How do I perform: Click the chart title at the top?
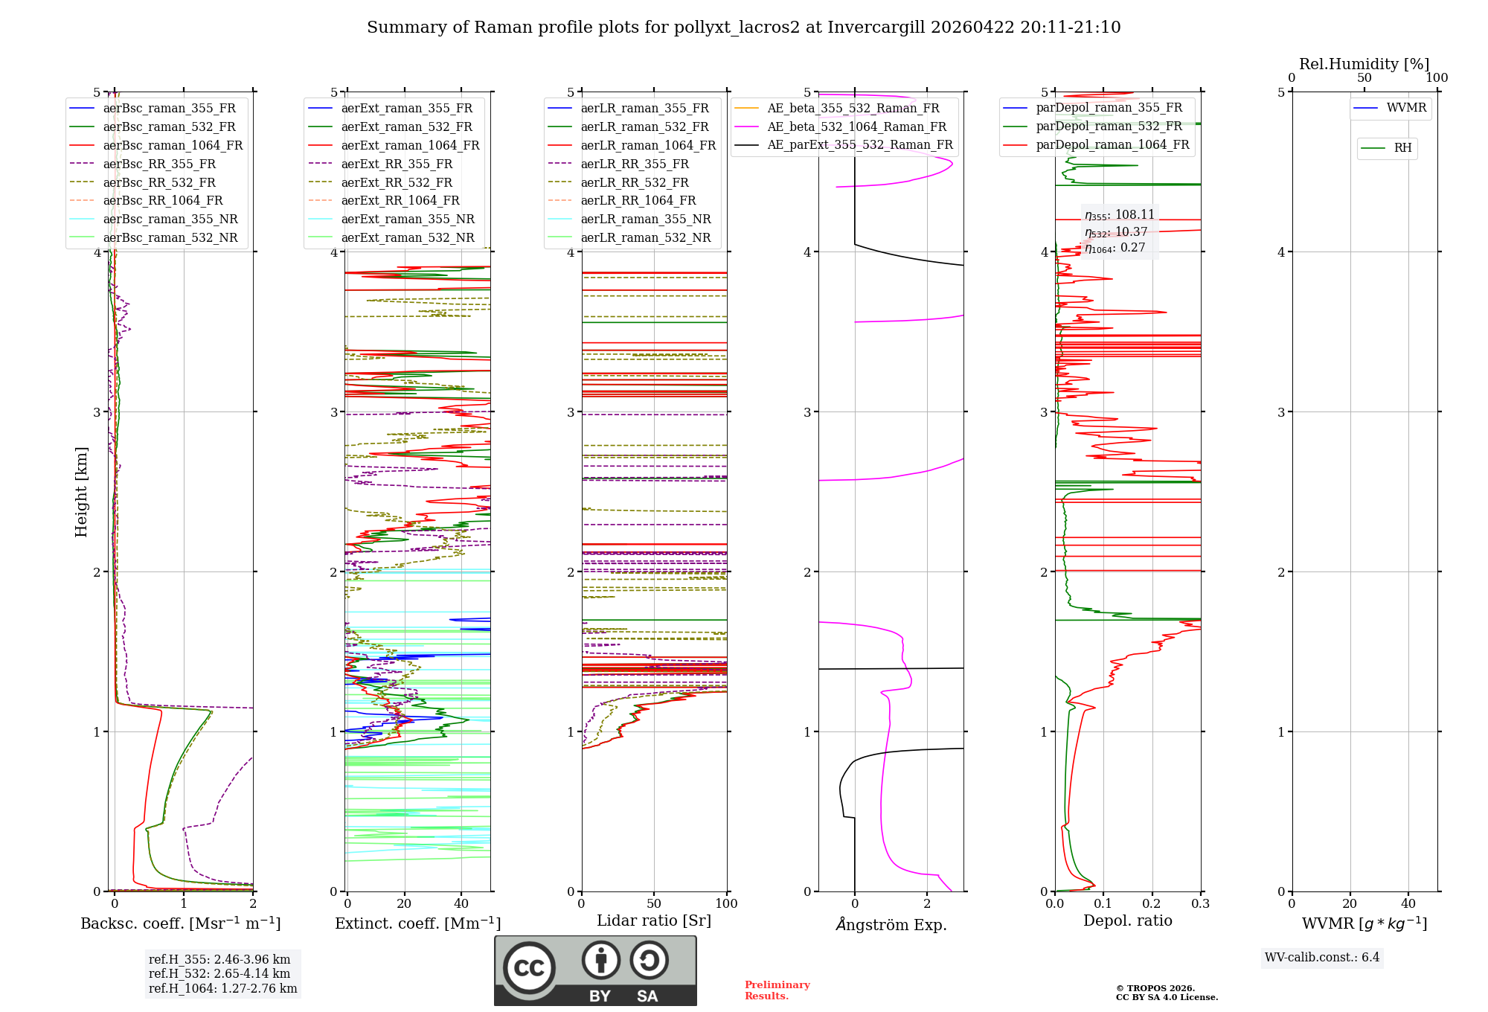[x=743, y=28]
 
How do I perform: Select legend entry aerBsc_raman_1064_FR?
[x=173, y=145]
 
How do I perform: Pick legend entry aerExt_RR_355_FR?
[x=397, y=164]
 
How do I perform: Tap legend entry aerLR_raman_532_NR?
[x=646, y=237]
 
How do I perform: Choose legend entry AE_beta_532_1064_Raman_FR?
[x=856, y=126]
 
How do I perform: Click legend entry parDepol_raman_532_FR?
[x=1109, y=126]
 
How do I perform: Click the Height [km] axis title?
[x=81, y=492]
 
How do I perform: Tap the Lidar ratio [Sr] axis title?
[x=654, y=920]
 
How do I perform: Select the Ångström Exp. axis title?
[x=891, y=924]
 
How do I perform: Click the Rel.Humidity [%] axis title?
[x=1364, y=64]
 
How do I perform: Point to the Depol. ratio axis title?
[x=1127, y=920]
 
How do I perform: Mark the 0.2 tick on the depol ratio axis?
[x=1152, y=903]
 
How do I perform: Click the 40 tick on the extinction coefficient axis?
[x=461, y=903]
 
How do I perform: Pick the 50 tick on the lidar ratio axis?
[x=654, y=903]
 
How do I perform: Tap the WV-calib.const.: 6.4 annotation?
[x=1321, y=957]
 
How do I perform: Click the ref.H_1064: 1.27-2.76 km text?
[x=222, y=988]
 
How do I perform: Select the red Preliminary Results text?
[x=777, y=990]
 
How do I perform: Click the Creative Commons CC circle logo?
[x=529, y=967]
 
